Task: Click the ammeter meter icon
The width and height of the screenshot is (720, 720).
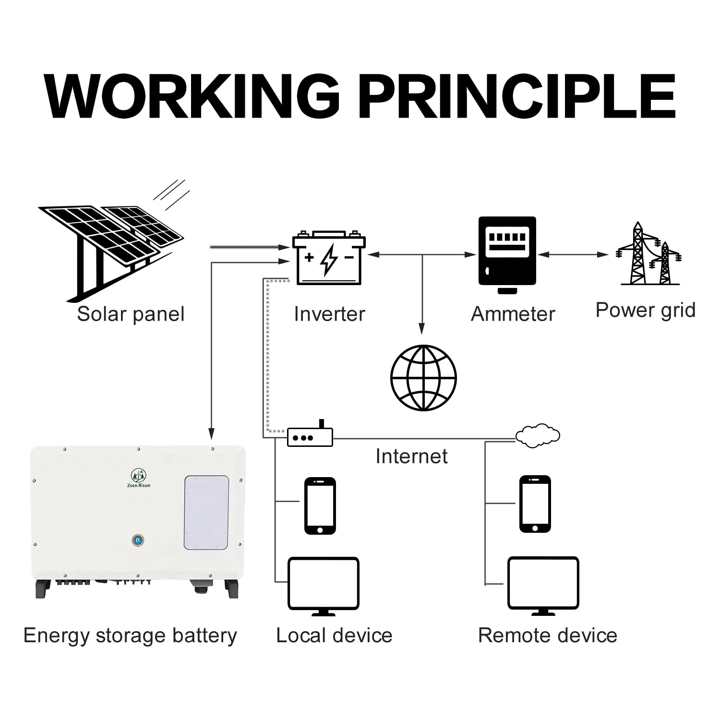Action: [507, 255]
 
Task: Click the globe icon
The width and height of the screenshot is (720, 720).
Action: [423, 378]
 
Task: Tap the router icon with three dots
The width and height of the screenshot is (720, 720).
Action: [310, 435]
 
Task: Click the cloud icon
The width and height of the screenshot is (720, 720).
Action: [538, 435]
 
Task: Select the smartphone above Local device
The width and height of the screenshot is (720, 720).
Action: [320, 506]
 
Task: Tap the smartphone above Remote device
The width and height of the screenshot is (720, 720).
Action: [535, 504]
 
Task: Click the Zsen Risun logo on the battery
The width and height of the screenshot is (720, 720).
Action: [140, 478]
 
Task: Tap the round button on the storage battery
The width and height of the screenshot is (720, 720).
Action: [138, 540]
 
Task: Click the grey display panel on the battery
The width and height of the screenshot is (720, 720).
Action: [206, 513]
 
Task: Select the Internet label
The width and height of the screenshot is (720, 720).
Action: [411, 456]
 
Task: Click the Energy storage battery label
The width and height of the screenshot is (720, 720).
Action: [130, 636]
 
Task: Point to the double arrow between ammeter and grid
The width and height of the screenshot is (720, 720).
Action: [573, 255]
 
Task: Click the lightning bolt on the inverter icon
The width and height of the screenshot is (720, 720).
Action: [329, 259]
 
